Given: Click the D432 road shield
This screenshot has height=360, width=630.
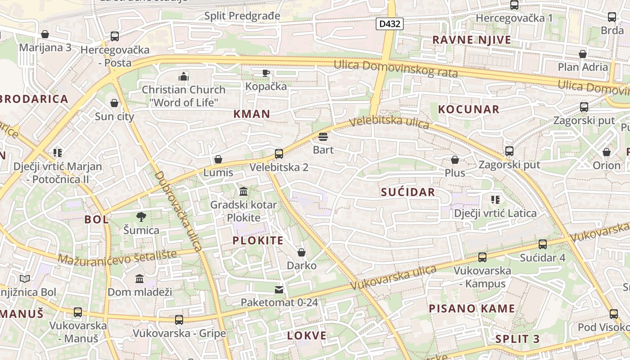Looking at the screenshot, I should click(389, 24).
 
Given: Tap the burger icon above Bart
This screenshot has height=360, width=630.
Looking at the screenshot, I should click(323, 136).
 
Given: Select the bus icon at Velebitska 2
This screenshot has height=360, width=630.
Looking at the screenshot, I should click(279, 154).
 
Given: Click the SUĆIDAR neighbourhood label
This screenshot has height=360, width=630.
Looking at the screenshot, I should click(408, 193).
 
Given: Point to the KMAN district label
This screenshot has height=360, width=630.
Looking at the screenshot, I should click(252, 114).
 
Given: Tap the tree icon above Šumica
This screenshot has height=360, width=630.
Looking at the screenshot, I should click(141, 217).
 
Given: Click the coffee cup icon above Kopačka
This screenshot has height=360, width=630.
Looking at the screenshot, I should click(266, 72).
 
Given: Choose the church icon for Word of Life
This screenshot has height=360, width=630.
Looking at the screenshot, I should click(183, 76).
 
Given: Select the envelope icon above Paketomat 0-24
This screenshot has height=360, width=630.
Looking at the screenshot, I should click(279, 289).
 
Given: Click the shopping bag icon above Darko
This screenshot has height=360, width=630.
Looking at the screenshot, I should click(301, 252).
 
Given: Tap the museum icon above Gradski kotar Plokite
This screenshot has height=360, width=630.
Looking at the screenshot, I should click(243, 192).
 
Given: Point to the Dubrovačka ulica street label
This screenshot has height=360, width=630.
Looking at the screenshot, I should click(179, 211).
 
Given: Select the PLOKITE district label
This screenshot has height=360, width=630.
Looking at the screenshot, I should click(258, 241).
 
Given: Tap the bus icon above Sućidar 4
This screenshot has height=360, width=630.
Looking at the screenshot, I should click(543, 244).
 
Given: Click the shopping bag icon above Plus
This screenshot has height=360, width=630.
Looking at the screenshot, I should click(455, 160).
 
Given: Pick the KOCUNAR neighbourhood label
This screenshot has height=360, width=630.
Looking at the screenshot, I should click(468, 109).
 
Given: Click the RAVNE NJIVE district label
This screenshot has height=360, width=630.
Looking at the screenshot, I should click(472, 40).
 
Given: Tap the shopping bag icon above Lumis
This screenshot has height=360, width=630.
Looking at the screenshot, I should click(218, 159).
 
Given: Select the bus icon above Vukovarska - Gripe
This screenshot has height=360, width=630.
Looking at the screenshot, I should click(179, 320).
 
